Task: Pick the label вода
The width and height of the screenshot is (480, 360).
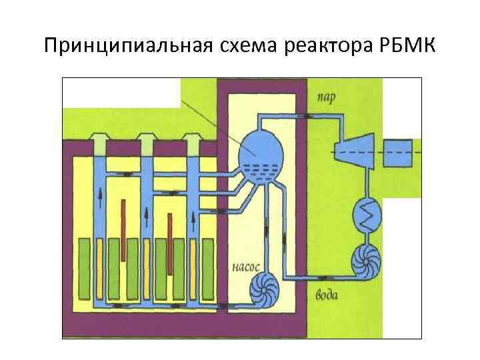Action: click(x=326, y=294)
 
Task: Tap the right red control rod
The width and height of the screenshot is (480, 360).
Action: click(x=171, y=243)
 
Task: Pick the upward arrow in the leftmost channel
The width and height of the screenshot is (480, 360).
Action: click(x=100, y=194)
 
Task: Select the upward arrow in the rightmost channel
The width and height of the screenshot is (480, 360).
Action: click(x=194, y=217)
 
